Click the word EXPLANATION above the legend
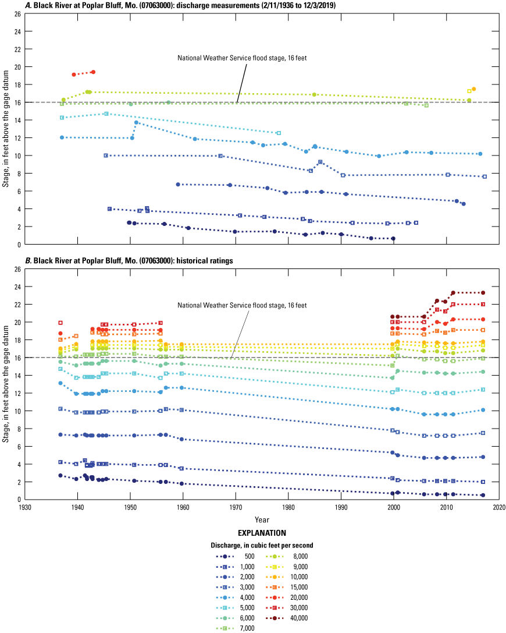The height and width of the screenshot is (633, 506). coord(261,533)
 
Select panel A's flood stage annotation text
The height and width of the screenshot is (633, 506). coord(242,58)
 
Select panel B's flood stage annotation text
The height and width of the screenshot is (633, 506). coord(242,305)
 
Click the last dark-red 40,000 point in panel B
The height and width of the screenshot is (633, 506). coord(483,293)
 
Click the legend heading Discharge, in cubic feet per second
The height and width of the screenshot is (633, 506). coord(262,545)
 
